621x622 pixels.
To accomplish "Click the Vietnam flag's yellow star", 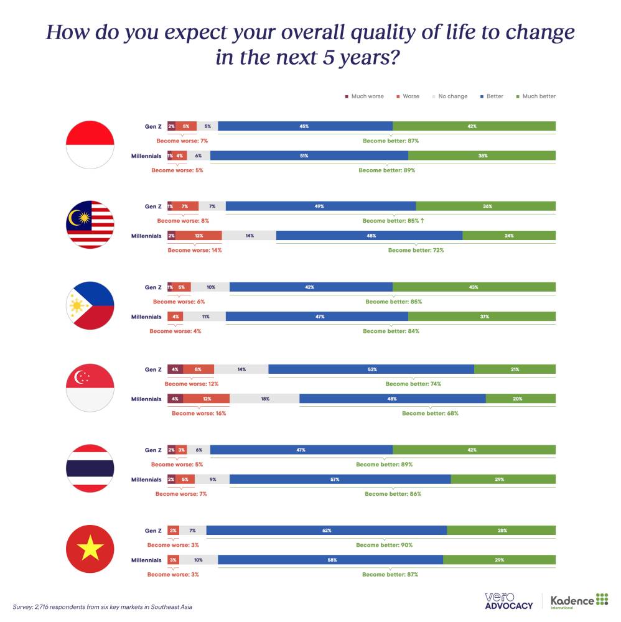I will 90,549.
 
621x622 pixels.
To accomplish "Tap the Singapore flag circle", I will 90,388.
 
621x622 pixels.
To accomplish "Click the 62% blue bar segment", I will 327,531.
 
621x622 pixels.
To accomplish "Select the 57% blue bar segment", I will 340,480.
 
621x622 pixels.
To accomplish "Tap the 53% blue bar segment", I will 371,369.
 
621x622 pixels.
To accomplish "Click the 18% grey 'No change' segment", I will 264,399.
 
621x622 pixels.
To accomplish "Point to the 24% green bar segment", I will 509,236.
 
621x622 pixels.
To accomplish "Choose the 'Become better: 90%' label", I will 384,545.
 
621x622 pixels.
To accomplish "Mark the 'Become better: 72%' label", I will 416,250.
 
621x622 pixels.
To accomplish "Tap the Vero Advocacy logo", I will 508,601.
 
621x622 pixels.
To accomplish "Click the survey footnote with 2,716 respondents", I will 103,606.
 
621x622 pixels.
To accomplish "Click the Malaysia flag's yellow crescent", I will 80,217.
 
